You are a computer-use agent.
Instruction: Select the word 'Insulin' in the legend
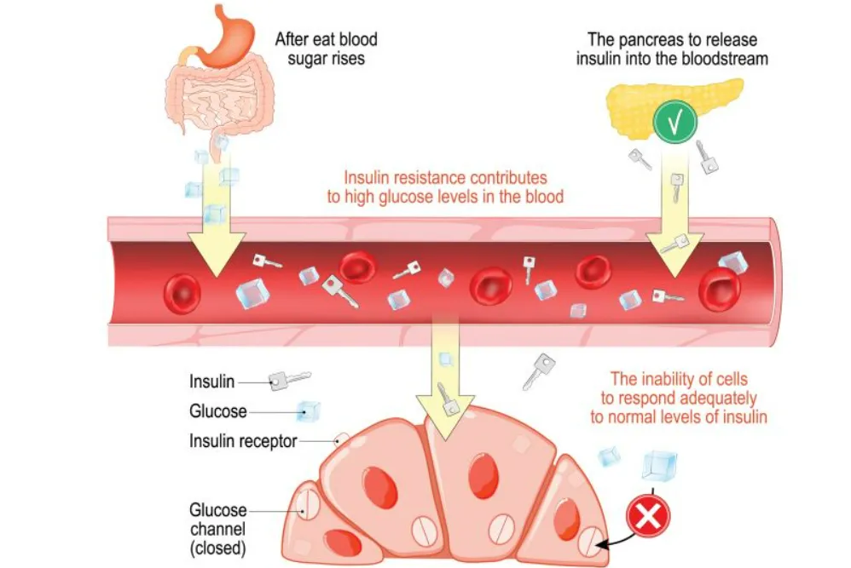[212, 382]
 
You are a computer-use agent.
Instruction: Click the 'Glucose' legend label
[217, 411]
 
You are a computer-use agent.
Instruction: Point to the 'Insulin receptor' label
[243, 441]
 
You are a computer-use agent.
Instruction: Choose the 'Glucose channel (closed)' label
[217, 528]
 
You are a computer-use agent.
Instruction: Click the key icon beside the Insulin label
[287, 380]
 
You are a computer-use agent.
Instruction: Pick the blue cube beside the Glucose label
[308, 411]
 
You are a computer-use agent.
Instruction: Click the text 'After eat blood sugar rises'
[325, 49]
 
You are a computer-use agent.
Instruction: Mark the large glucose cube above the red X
[659, 465]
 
